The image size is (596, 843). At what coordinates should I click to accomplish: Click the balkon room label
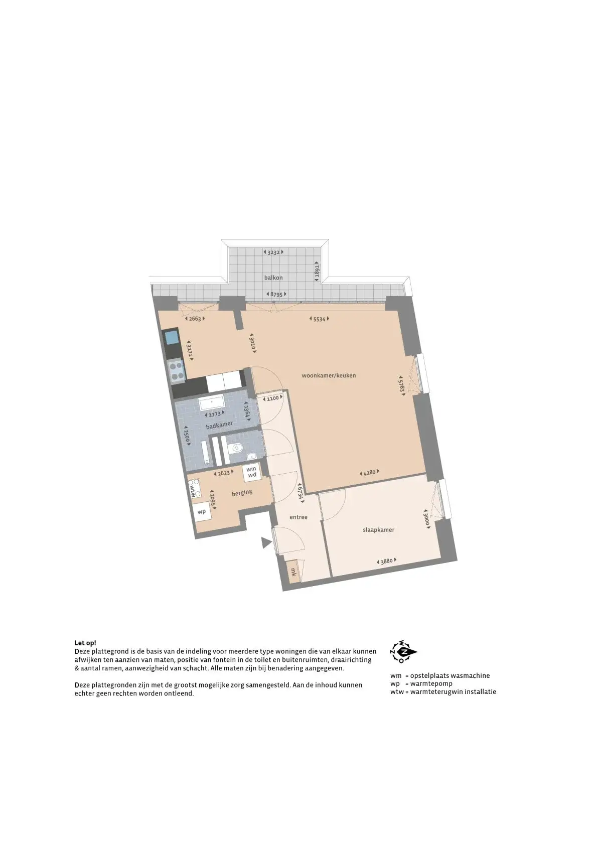(x=273, y=277)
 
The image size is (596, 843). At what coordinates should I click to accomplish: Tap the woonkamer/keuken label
(x=329, y=375)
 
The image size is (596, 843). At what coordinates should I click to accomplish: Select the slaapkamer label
(x=378, y=529)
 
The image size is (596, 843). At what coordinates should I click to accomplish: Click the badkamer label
(x=219, y=425)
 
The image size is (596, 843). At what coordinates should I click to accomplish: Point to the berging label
(x=242, y=493)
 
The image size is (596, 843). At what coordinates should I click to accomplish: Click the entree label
(x=299, y=517)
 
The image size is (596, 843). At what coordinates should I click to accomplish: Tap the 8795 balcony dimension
(x=276, y=295)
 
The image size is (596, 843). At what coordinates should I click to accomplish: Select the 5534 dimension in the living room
(x=320, y=319)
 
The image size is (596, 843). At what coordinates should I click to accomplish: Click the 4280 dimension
(x=369, y=472)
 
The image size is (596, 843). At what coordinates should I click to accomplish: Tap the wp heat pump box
(x=202, y=512)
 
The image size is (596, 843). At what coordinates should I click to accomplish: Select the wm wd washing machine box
(x=251, y=472)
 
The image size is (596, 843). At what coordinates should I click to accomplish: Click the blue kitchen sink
(x=172, y=337)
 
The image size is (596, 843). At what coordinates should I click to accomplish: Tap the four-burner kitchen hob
(x=176, y=370)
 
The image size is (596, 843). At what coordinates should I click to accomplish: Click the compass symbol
(x=403, y=652)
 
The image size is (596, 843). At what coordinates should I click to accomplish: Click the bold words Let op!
(x=85, y=643)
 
